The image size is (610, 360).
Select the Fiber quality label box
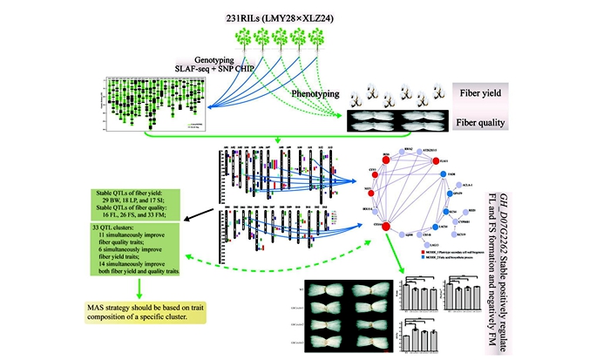click(x=493, y=123)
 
